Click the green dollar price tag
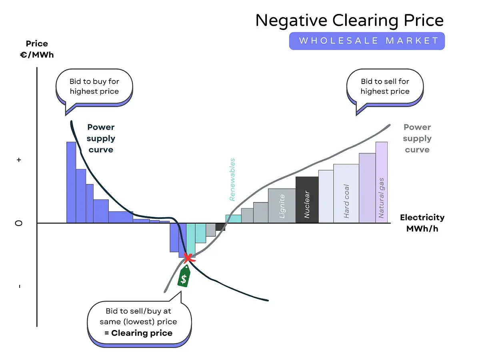click(184, 276)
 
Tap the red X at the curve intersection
click(188, 258)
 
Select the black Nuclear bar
click(307, 200)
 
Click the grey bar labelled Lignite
click(282, 206)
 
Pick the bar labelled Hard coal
click(346, 194)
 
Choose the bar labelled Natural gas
click(381, 182)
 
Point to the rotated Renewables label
click(232, 180)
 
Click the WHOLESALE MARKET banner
click(367, 41)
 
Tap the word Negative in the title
click(291, 20)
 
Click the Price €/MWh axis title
click(37, 49)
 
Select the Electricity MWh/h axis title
click(422, 223)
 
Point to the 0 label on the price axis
click(18, 223)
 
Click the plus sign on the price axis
click(19, 160)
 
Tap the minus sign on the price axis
click(20, 286)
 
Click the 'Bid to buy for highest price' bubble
click(94, 88)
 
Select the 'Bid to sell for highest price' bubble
click(385, 88)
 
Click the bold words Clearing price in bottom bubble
click(142, 333)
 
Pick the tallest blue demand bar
click(71, 182)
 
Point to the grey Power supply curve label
click(417, 138)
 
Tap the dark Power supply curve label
click(101, 138)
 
